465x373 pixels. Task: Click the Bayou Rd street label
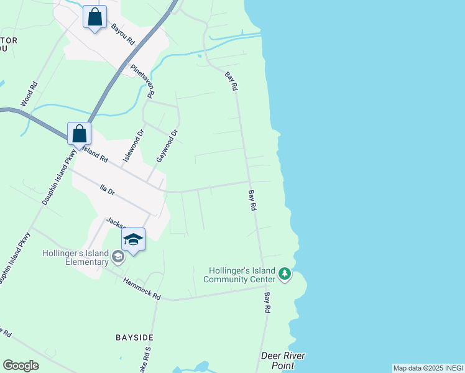pyautogui.click(x=123, y=34)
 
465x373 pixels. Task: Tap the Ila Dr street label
pyautogui.click(x=108, y=190)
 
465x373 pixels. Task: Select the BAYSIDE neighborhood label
pyautogui.click(x=134, y=338)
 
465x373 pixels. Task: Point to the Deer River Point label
pyautogui.click(x=283, y=361)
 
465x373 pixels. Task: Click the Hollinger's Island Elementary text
pyautogui.click(x=75, y=257)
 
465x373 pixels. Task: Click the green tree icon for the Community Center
pyautogui.click(x=285, y=274)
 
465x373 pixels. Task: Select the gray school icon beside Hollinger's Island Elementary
pyautogui.click(x=117, y=256)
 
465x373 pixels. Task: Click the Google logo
pyautogui.click(x=21, y=366)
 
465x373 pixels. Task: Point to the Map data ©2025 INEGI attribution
pyautogui.click(x=428, y=368)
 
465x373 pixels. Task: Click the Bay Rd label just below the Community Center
pyautogui.click(x=268, y=303)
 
